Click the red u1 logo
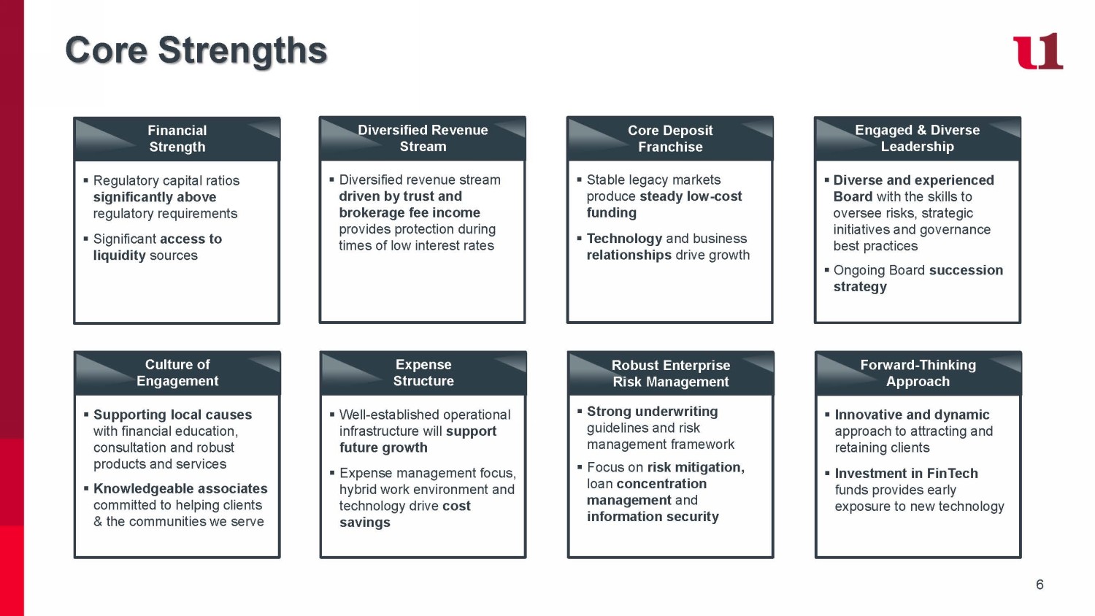(x=1037, y=51)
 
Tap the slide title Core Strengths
(x=196, y=50)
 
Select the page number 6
(x=1040, y=585)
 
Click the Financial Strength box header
(x=177, y=139)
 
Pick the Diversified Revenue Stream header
(x=423, y=138)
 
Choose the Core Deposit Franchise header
(x=670, y=139)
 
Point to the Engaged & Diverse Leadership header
(x=918, y=138)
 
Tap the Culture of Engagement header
(x=177, y=373)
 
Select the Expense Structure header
(x=423, y=373)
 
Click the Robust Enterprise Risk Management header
(x=671, y=374)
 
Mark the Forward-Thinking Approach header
(x=918, y=373)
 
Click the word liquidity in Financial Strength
(x=120, y=255)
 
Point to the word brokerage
(x=369, y=212)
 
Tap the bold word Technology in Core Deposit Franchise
(x=624, y=239)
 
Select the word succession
(x=966, y=270)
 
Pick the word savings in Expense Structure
(x=365, y=523)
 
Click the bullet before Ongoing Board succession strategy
(x=827, y=270)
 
